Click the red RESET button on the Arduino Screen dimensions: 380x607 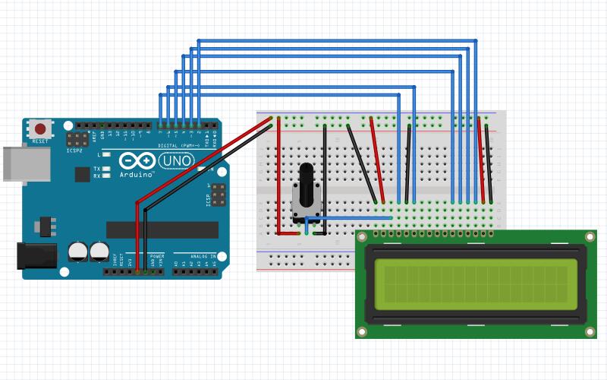tap(40, 129)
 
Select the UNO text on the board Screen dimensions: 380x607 tap(175, 161)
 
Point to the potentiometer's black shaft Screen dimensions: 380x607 tap(307, 185)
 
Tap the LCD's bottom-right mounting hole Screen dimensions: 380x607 tap(590, 332)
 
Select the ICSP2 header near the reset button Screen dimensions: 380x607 tap(76, 140)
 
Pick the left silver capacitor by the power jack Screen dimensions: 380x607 tap(77, 251)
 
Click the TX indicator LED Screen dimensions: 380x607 tap(106, 168)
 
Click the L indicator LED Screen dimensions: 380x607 tap(106, 154)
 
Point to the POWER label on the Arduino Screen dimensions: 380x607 tap(156, 257)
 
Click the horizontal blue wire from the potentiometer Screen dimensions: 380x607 tap(349, 218)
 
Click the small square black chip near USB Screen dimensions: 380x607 tap(82, 174)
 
